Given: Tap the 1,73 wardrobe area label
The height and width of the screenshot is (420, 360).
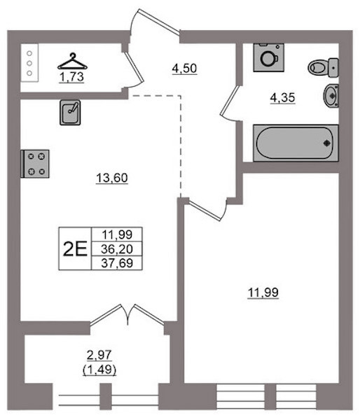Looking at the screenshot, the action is (x=71, y=78).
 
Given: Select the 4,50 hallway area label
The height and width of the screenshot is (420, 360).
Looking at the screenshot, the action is (x=184, y=69).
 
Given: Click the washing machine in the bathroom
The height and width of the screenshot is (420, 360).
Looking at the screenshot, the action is (x=268, y=57).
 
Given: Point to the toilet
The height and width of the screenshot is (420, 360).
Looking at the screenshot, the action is (x=323, y=68).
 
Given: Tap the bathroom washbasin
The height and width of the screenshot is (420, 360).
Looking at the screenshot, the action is (x=331, y=95).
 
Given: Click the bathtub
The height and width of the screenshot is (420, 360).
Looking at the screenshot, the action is (x=296, y=143).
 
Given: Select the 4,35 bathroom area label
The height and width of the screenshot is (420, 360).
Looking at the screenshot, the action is (x=282, y=98).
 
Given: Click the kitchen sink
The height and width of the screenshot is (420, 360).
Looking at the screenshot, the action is (x=70, y=113).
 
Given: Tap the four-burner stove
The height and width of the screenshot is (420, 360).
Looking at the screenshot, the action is (x=35, y=164).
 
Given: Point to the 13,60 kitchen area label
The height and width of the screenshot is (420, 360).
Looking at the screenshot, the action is (x=112, y=178).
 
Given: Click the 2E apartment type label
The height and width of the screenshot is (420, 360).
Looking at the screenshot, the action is (x=75, y=248).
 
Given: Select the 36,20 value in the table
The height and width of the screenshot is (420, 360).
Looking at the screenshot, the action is (x=117, y=249).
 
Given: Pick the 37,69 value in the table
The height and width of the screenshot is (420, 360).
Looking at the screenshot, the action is (x=117, y=263).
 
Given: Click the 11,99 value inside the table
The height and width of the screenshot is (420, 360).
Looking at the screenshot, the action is (x=117, y=235).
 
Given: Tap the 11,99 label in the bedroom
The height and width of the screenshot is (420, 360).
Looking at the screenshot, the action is (x=263, y=293).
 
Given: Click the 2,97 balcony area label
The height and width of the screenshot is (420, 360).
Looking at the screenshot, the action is (x=99, y=356).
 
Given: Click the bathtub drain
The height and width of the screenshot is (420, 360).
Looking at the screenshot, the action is (x=327, y=143).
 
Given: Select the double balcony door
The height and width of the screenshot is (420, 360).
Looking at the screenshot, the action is (x=127, y=315).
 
